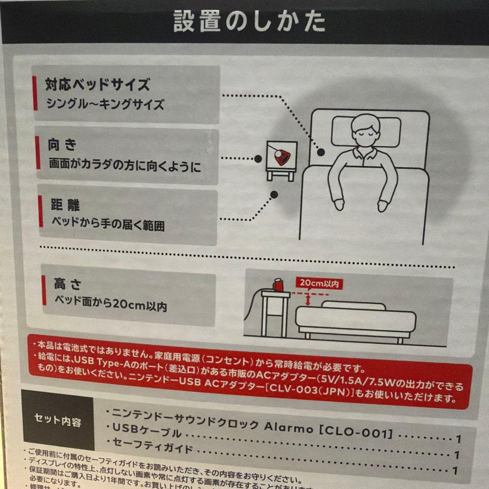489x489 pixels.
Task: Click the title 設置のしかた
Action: pyautogui.click(x=249, y=21)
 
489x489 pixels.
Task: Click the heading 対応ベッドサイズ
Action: pyautogui.click(x=97, y=84)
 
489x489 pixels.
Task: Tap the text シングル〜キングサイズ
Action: pyautogui.click(x=105, y=105)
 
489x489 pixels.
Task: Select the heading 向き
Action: pyautogui.click(x=62, y=145)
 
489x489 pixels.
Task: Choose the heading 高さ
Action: pyautogui.click(x=67, y=284)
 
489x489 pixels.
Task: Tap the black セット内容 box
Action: pyautogui.click(x=58, y=421)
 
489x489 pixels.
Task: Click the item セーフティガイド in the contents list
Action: pyautogui.click(x=153, y=448)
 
